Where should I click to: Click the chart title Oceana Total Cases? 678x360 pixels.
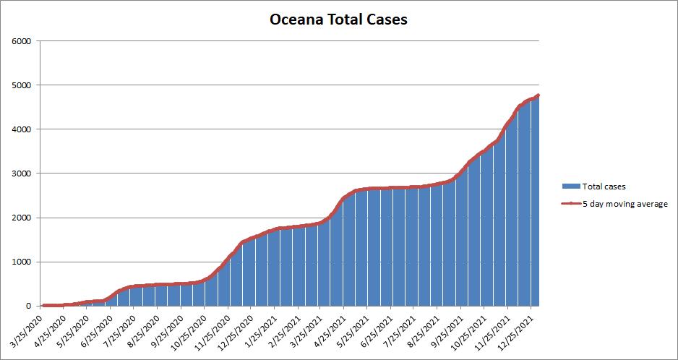[x=338, y=20]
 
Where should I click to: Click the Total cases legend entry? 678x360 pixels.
[x=603, y=186]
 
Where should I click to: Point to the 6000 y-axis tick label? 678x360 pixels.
[x=21, y=41]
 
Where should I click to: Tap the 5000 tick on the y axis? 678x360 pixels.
[x=21, y=85]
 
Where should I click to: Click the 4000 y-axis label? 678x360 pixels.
[x=21, y=129]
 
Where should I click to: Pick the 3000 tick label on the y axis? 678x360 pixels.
[x=21, y=173]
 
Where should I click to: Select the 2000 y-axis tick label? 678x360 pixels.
[x=21, y=218]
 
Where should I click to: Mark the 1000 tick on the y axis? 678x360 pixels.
[x=21, y=262]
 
